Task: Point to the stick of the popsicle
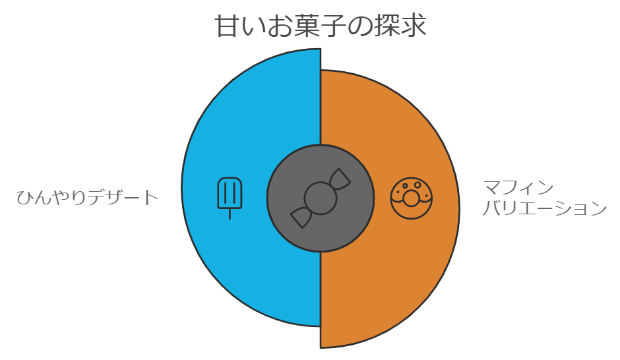tap(230, 214)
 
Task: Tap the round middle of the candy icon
tap(321, 198)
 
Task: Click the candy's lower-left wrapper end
tap(301, 217)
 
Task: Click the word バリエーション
tap(544, 209)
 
